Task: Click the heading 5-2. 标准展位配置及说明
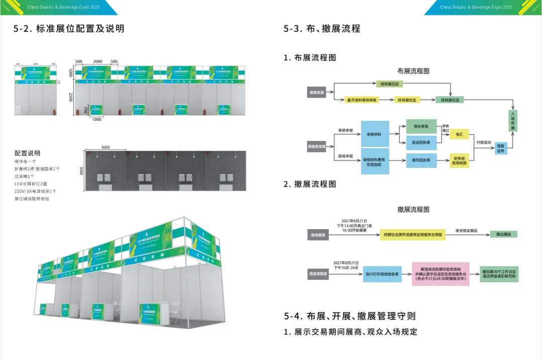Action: [69, 29]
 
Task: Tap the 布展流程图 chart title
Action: [413, 71]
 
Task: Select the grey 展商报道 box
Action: [317, 92]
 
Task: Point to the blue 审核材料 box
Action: [374, 134]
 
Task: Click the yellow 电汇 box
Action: [459, 134]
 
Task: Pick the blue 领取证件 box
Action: [501, 148]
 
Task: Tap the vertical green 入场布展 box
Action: [512, 121]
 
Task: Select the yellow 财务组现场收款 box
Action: [459, 160]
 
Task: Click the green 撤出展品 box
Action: [503, 234]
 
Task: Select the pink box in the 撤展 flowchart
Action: [440, 274]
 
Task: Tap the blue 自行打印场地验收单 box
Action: [382, 274]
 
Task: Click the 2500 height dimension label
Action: [71, 97]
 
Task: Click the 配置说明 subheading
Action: [28, 153]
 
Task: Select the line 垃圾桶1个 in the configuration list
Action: [25, 176]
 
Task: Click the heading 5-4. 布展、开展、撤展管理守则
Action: [349, 316]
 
